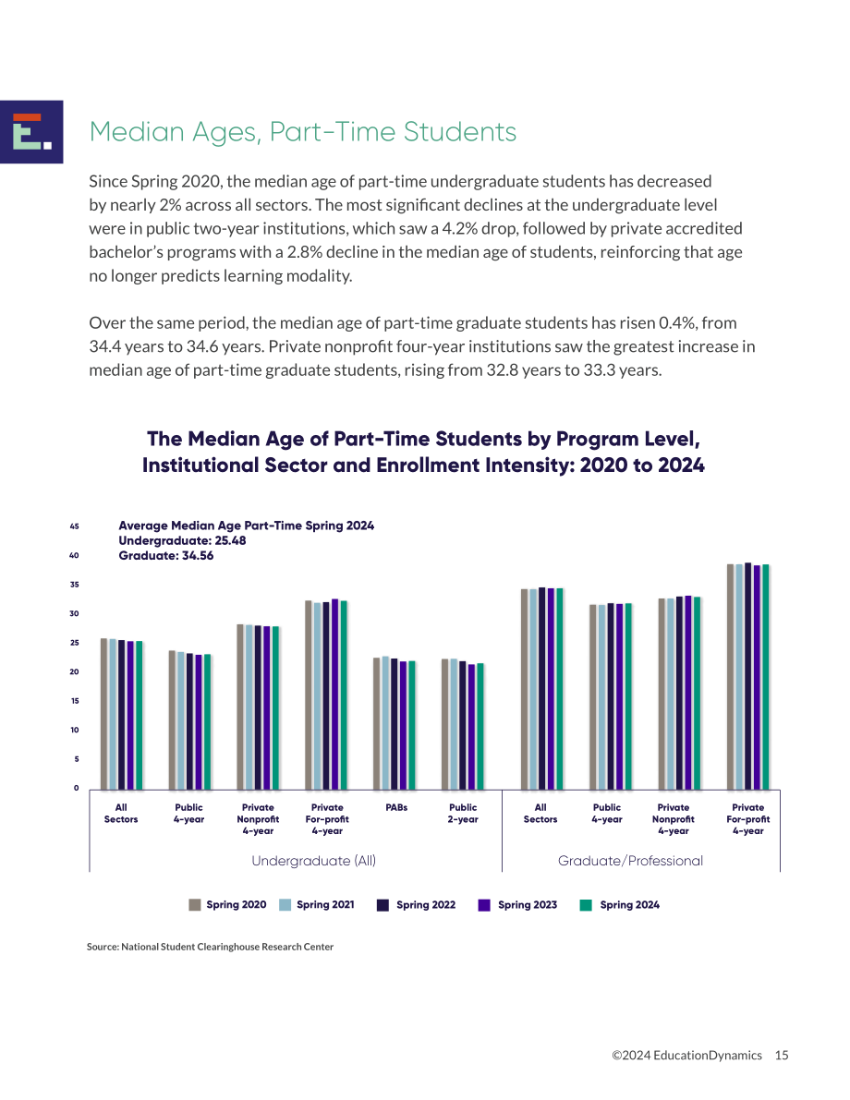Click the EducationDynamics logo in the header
point(31,132)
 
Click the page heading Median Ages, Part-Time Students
point(302,132)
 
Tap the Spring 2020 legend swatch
point(195,905)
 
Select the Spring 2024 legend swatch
point(586,905)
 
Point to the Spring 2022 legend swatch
point(383,905)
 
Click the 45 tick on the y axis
point(75,526)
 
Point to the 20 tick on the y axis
point(75,672)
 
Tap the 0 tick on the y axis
point(77,788)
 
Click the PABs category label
point(396,807)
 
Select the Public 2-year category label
point(463,813)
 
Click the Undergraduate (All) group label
point(314,861)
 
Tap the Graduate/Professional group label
point(630,861)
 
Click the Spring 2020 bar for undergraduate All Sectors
point(103,714)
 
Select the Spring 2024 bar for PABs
point(412,725)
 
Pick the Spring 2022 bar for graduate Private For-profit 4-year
point(748,676)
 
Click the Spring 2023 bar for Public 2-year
point(472,727)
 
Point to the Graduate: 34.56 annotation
point(165,556)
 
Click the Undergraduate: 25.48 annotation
point(182,541)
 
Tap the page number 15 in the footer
point(782,1055)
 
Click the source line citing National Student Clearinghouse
point(210,947)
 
